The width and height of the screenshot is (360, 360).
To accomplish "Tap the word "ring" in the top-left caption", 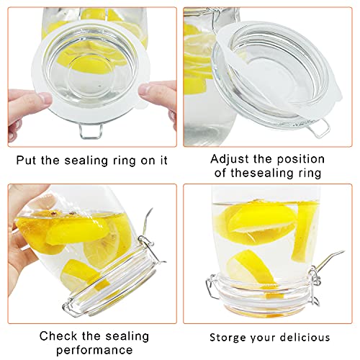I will pyautogui.click(x=124, y=160).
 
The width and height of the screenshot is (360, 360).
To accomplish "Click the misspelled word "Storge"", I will pyautogui.click(x=228, y=337).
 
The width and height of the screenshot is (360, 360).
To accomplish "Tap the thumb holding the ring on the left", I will pyautogui.click(x=19, y=101).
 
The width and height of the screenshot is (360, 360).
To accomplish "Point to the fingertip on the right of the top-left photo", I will pyautogui.click(x=160, y=94).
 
